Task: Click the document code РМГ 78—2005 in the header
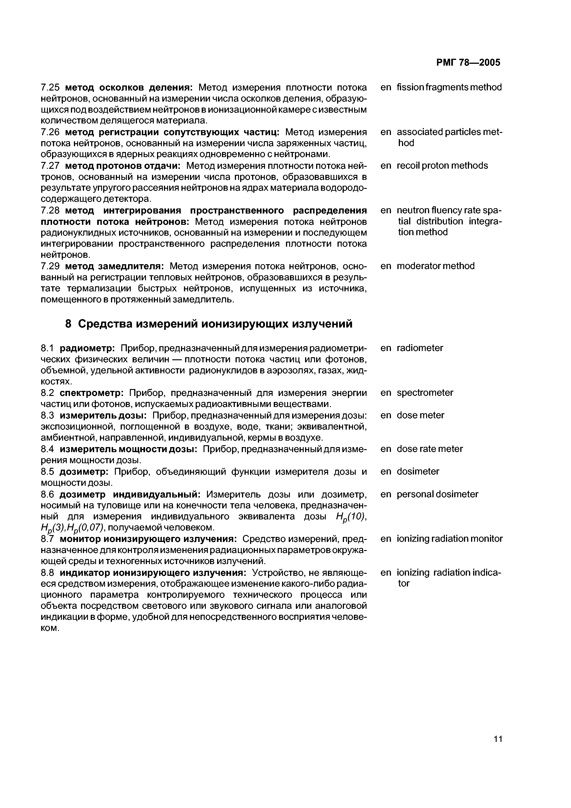[468, 63]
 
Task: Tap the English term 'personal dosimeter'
[437, 494]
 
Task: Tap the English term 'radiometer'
[420, 348]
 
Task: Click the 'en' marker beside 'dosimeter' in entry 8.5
[386, 471]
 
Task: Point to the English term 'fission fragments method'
[449, 87]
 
